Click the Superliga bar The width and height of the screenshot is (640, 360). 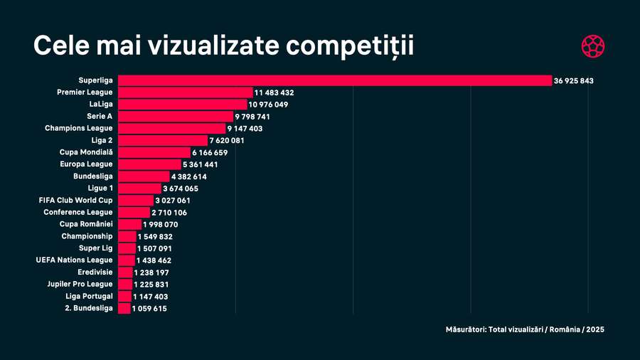click(334, 80)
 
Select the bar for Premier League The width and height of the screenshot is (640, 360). click(185, 92)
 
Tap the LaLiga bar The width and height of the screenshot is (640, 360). click(182, 105)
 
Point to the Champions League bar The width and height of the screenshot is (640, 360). click(171, 128)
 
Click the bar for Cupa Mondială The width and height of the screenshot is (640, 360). click(154, 152)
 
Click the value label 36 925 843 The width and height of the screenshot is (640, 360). click(574, 81)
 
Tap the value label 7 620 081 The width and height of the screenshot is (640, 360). click(227, 141)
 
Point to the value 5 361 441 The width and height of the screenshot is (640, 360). click(201, 165)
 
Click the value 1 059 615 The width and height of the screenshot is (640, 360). click(149, 309)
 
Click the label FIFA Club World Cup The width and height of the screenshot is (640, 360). click(75, 200)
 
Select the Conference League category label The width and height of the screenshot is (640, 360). click(78, 212)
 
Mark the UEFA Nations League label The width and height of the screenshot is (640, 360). click(74, 260)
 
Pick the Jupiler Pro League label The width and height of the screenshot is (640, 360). click(76, 284)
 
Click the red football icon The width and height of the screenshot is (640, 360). click(592, 46)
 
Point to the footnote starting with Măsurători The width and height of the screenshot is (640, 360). click(525, 329)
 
